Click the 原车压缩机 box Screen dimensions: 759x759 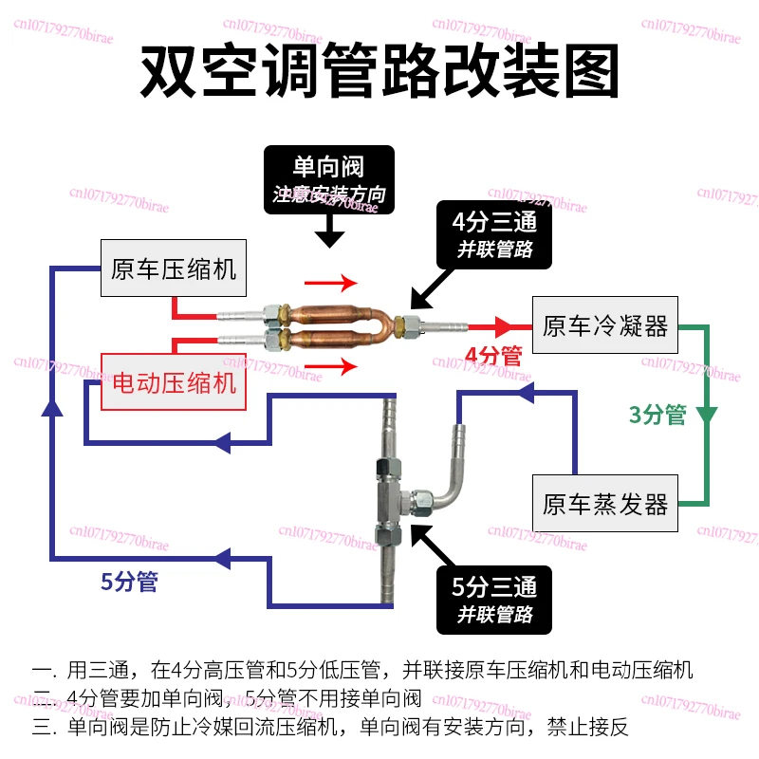point(174,268)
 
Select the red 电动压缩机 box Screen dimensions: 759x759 point(174,382)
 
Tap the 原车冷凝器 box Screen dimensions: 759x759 point(605,324)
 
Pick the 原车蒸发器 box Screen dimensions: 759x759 point(605,504)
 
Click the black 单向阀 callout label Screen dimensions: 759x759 point(329,179)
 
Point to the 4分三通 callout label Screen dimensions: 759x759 point(494,234)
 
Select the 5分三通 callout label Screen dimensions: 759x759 point(494,600)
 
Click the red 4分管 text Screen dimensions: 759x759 point(493,356)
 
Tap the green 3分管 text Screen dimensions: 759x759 point(657,415)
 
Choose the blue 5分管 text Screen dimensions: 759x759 point(129,582)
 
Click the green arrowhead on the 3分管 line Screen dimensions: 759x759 point(707,416)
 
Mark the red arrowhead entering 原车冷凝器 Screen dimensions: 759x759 point(503,326)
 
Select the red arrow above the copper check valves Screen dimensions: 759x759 point(330,283)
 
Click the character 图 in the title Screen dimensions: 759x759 point(591,70)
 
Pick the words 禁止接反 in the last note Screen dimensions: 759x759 point(587,727)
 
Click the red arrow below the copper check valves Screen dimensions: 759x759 point(330,366)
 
